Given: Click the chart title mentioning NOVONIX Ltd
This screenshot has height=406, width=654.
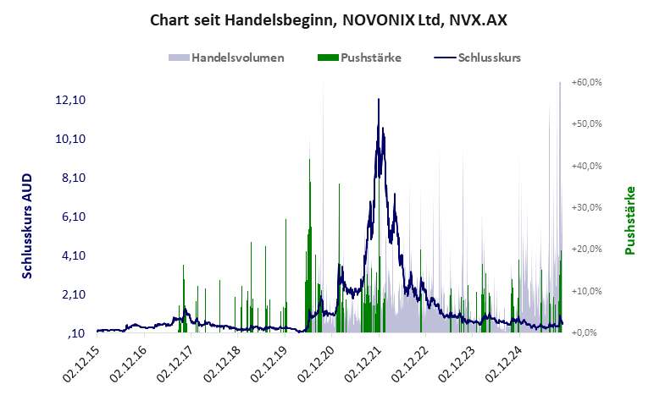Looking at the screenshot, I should tap(327, 19).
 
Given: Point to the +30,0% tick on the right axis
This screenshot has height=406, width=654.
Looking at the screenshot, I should tap(586, 207).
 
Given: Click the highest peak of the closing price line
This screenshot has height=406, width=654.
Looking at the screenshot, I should tap(378, 100).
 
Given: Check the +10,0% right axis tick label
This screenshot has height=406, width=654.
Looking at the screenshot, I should tap(586, 291).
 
